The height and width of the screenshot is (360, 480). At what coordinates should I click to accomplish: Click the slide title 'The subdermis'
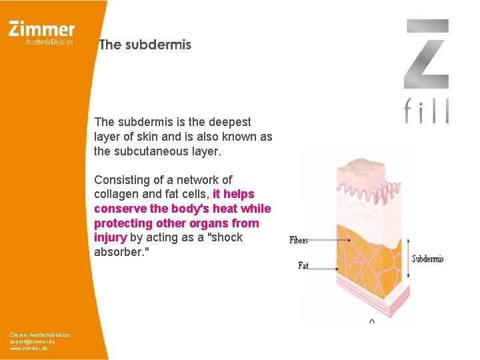(145, 45)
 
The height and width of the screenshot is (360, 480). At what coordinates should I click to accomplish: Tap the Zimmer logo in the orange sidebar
(42, 29)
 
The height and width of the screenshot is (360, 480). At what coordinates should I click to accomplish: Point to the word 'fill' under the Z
(427, 111)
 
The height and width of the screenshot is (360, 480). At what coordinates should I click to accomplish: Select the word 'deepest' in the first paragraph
(231, 122)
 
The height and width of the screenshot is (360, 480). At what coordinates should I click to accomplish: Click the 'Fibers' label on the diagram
(299, 240)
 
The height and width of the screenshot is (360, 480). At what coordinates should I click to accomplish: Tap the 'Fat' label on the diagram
(303, 265)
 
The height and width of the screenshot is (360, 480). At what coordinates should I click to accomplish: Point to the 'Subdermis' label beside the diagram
(427, 259)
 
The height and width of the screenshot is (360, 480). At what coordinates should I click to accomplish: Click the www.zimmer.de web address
(28, 348)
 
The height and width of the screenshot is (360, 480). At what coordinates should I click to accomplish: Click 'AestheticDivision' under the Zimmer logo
(49, 41)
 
